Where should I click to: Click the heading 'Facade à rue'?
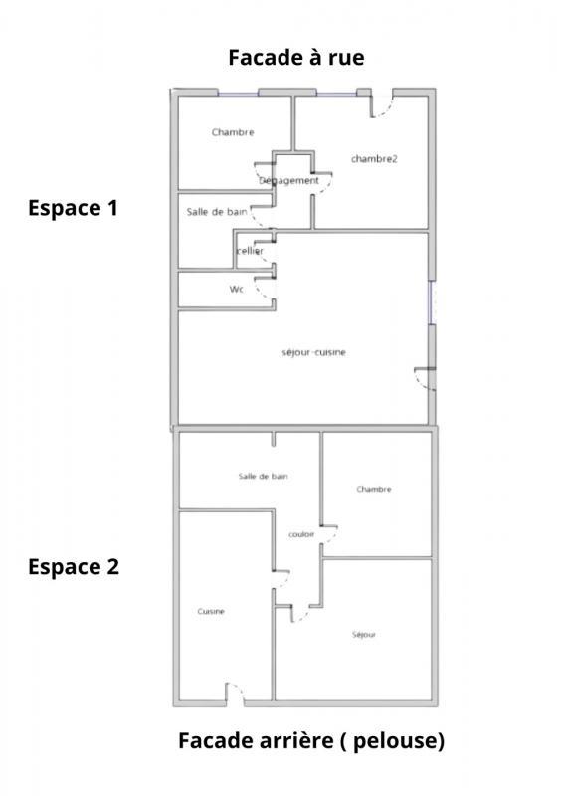tap(295, 58)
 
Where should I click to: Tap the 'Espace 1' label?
tap(74, 209)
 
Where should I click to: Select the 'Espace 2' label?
tap(74, 567)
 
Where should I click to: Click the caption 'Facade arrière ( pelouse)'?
tap(310, 741)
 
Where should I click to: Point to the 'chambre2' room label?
tap(374, 159)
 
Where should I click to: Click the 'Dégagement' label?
tap(289, 181)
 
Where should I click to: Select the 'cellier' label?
tap(250, 251)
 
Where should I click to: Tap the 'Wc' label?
tap(237, 290)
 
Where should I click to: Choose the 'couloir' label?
tap(301, 534)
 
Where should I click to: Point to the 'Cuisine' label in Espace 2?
tap(211, 612)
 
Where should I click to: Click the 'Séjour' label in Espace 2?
tap(364, 634)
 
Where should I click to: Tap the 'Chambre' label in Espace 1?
tap(233, 132)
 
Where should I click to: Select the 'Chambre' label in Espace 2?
tap(374, 489)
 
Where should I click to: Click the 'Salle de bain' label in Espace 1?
tap(217, 212)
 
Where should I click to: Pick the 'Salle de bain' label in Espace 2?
tap(264, 477)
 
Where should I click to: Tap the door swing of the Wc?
tap(263, 290)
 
